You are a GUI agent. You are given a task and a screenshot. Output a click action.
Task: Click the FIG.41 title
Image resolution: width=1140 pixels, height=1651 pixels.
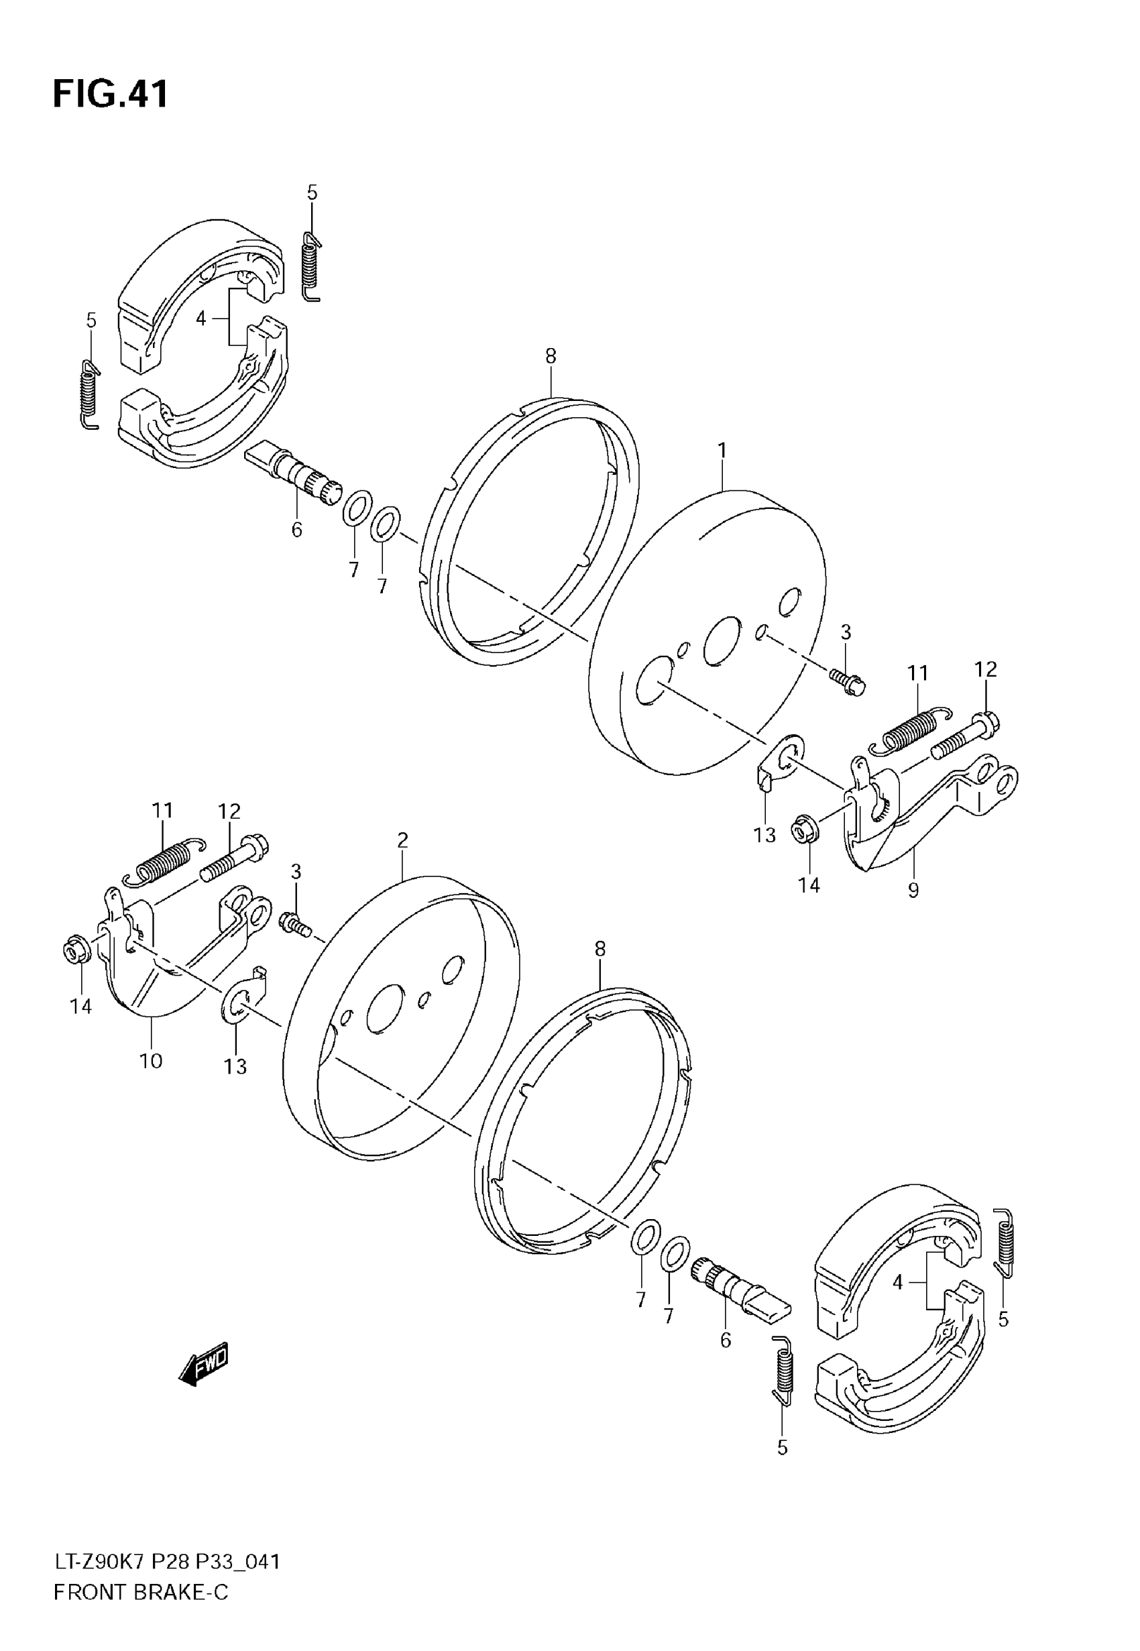(111, 93)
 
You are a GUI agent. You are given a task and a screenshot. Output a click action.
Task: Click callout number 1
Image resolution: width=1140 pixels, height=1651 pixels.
(722, 451)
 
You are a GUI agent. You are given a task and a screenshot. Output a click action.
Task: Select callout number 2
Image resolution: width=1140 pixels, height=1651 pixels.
(402, 840)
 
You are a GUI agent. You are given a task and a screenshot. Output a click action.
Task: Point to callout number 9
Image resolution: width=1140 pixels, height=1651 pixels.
(913, 891)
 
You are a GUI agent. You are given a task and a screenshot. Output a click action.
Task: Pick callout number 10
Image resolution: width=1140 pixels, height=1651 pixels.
(151, 1061)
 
